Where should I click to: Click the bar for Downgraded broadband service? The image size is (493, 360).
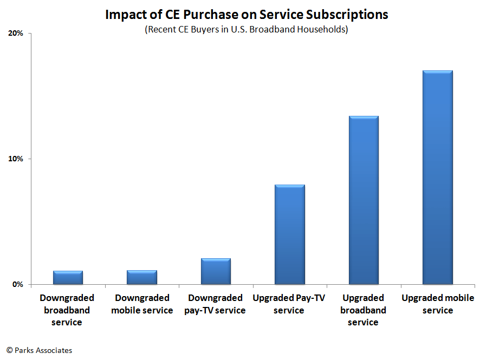pyautogui.click(x=68, y=277)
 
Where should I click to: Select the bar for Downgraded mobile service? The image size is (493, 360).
pyautogui.click(x=141, y=277)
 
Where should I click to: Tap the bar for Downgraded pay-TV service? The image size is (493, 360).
pyautogui.click(x=216, y=271)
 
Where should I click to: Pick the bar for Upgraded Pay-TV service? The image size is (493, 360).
pyautogui.click(x=289, y=234)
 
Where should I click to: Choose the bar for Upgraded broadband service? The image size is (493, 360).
pyautogui.click(x=363, y=200)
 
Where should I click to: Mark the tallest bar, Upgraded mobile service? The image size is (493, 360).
pyautogui.click(x=437, y=178)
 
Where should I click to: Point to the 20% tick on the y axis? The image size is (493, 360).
pyautogui.click(x=17, y=34)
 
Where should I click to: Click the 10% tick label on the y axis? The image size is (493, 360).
pyautogui.click(x=17, y=159)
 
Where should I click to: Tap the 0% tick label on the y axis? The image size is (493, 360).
pyautogui.click(x=18, y=284)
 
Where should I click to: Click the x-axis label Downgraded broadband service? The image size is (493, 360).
pyautogui.click(x=67, y=310)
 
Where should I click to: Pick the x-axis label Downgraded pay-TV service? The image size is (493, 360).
pyautogui.click(x=216, y=304)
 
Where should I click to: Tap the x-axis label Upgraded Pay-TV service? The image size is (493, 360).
pyautogui.click(x=289, y=304)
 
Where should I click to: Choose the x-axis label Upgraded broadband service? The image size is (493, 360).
pyautogui.click(x=363, y=310)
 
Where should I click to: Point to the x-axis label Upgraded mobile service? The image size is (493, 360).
pyautogui.click(x=438, y=304)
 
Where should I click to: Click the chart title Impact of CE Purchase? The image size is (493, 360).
pyautogui.click(x=246, y=15)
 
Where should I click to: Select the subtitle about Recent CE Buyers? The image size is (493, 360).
pyautogui.click(x=246, y=29)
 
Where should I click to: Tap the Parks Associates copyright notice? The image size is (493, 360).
pyautogui.click(x=39, y=350)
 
